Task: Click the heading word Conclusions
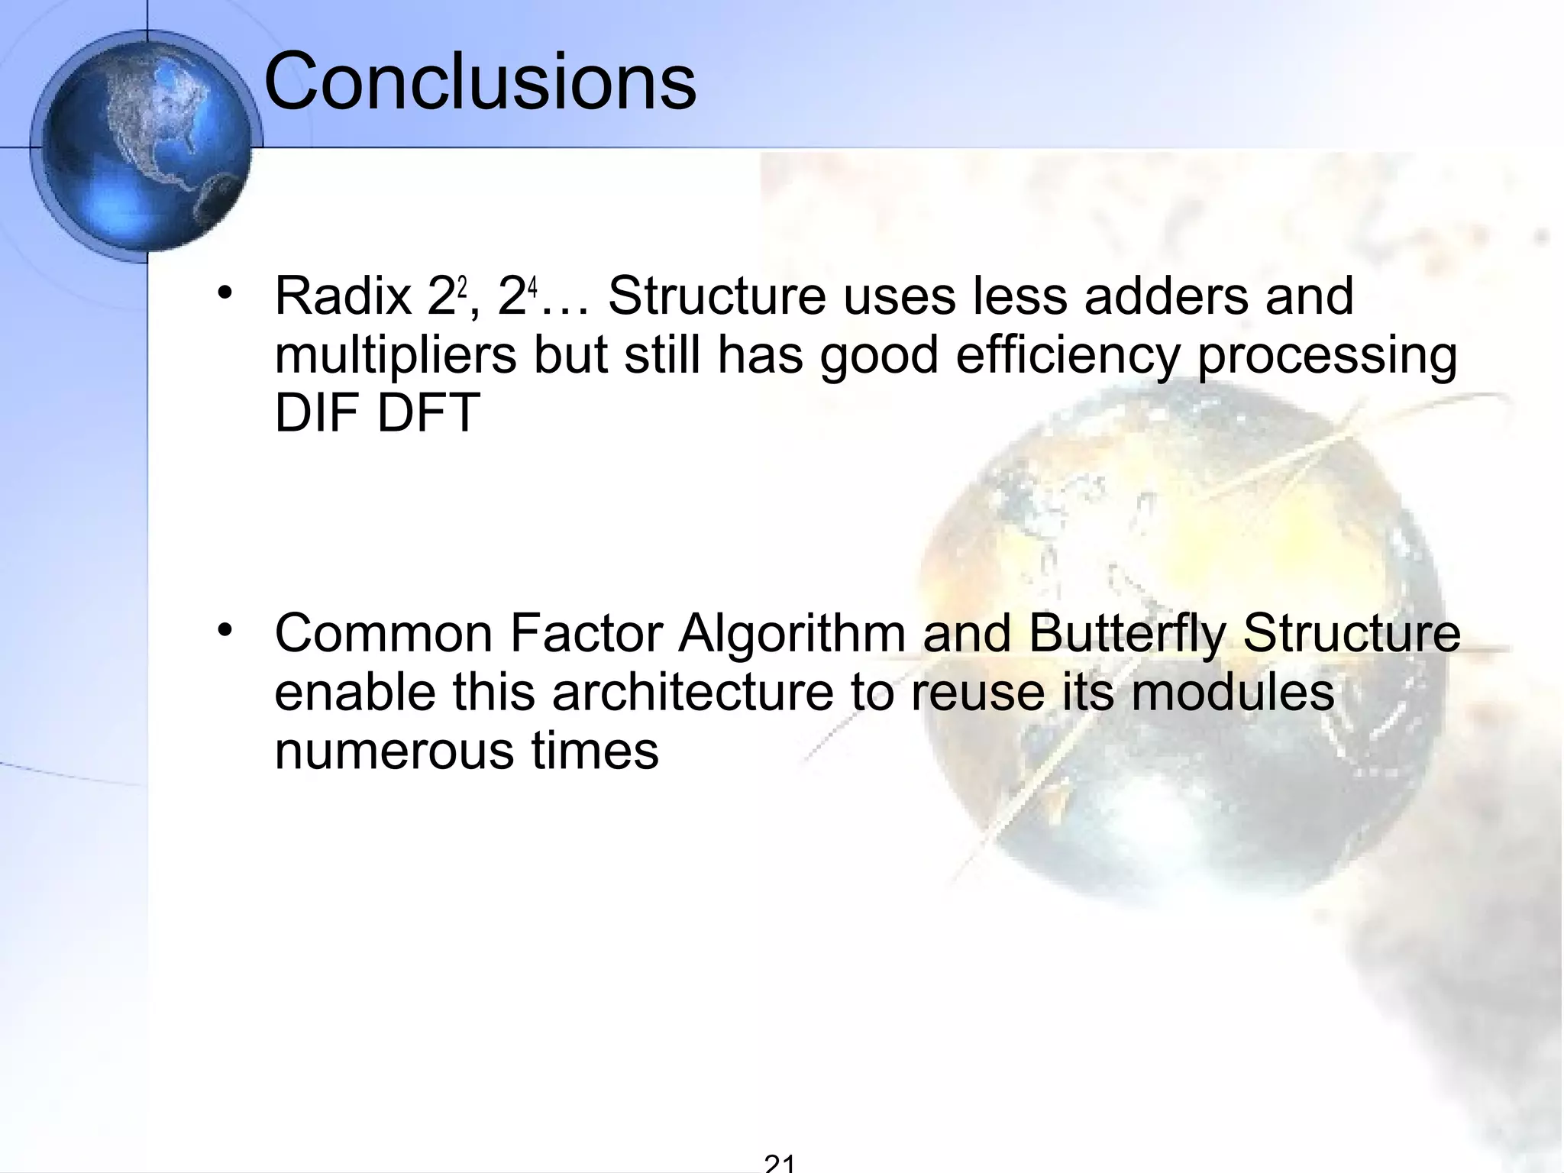tap(480, 82)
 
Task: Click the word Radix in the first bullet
tap(343, 296)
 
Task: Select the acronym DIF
tap(318, 413)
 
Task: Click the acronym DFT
tap(428, 413)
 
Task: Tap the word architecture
tap(693, 693)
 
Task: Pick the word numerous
tap(395, 751)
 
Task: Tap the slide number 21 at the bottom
tap(780, 1163)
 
